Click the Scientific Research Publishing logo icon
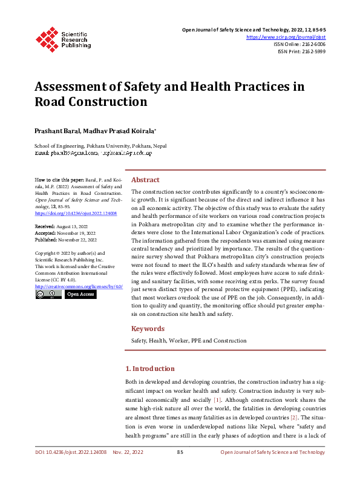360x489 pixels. click(x=46, y=38)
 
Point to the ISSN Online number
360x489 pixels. click(x=312, y=44)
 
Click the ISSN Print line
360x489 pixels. click(x=301, y=51)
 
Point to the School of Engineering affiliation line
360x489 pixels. click(x=100, y=146)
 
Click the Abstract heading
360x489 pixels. click(x=145, y=180)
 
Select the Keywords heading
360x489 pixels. click(x=148, y=329)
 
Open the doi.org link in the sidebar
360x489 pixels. click(x=76, y=214)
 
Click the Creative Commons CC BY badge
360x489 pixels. click(x=48, y=294)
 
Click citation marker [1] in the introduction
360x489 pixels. click(x=217, y=400)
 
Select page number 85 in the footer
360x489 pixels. click(x=180, y=469)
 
